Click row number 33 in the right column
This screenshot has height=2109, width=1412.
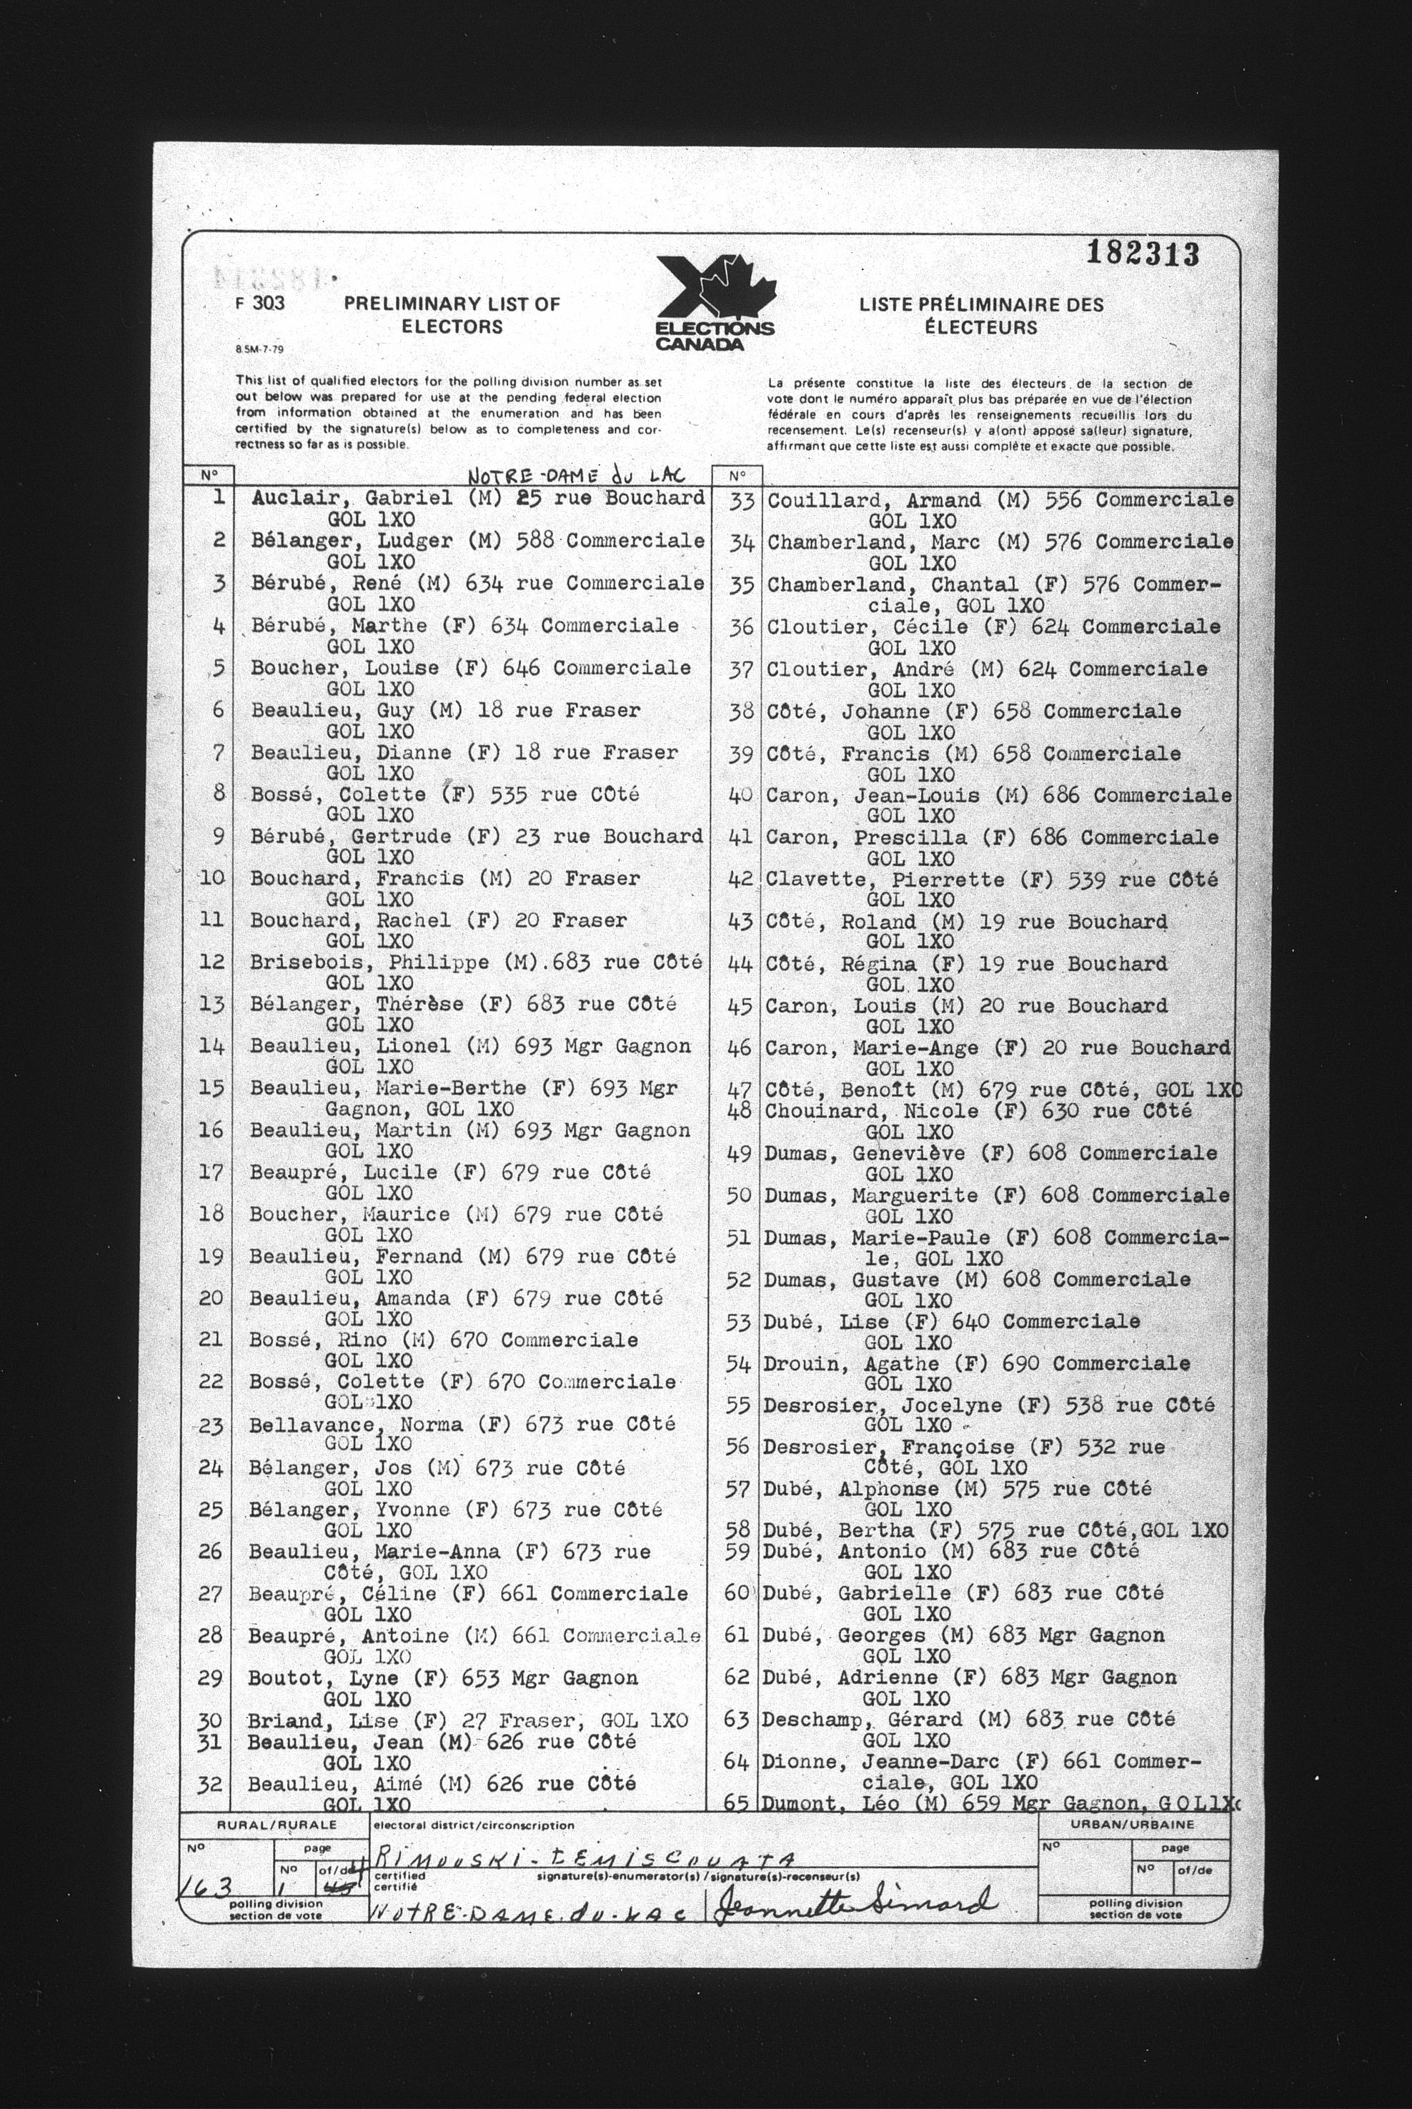pos(740,502)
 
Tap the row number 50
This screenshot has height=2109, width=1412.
pos(738,1195)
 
